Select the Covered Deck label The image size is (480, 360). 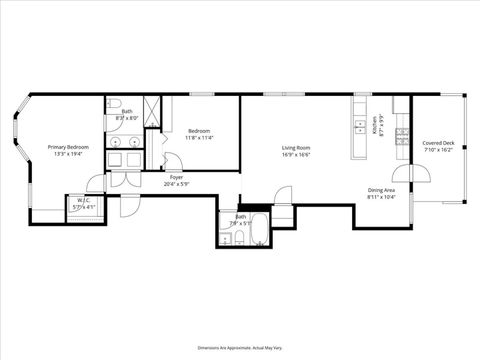coord(438,142)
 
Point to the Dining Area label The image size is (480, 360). coord(381,189)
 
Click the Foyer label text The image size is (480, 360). coord(176,177)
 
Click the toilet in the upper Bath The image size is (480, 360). coord(115,105)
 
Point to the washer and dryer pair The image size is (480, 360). coord(125,159)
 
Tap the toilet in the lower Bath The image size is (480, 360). coord(227,236)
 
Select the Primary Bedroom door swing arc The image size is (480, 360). coord(95,183)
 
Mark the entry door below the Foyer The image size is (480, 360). coord(130,198)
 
